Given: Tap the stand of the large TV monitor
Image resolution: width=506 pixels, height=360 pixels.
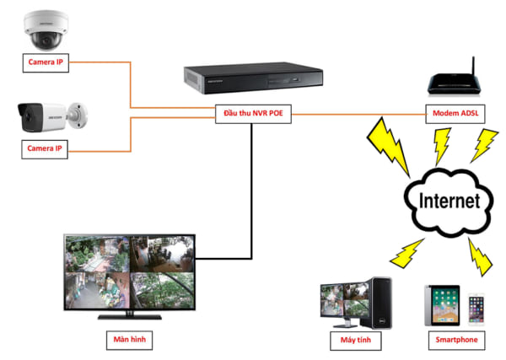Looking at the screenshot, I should pyautogui.click(x=131, y=315).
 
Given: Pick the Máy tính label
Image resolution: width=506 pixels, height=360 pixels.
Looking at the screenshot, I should pyautogui.click(x=355, y=340).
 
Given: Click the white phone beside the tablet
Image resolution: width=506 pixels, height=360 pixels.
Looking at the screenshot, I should pyautogui.click(x=477, y=308).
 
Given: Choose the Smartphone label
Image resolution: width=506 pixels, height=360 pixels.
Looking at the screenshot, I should pyautogui.click(x=456, y=340).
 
